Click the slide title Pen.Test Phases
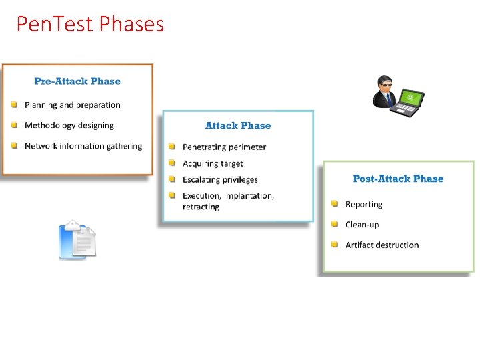[x=90, y=25]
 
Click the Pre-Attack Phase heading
[x=77, y=81]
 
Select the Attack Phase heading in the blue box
[x=238, y=125]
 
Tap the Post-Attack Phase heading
[x=398, y=179]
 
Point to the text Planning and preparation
[x=73, y=105]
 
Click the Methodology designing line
[x=69, y=125]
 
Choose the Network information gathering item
[x=83, y=146]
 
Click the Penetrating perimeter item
[x=224, y=147]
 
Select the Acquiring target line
[x=213, y=163]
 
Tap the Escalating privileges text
[x=220, y=179]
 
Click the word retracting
[x=201, y=207]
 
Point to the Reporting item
[x=364, y=205]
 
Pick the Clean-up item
[x=362, y=225]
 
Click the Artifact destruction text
[x=382, y=245]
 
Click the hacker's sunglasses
[x=385, y=85]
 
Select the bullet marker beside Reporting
[x=335, y=204]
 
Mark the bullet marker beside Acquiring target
[x=172, y=163]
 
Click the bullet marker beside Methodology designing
[x=14, y=125]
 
